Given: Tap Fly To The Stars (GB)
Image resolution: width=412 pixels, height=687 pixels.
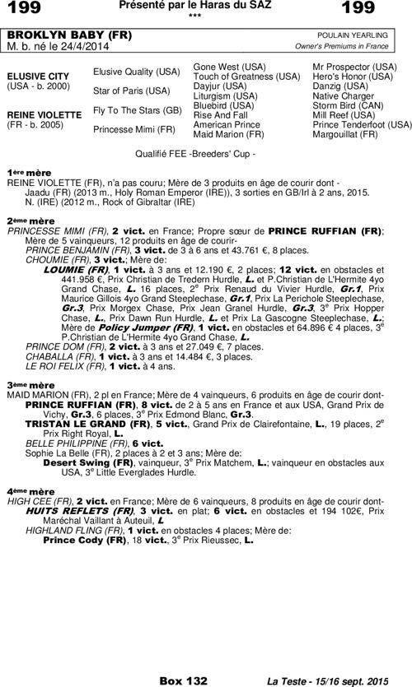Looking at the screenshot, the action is [137, 110].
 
